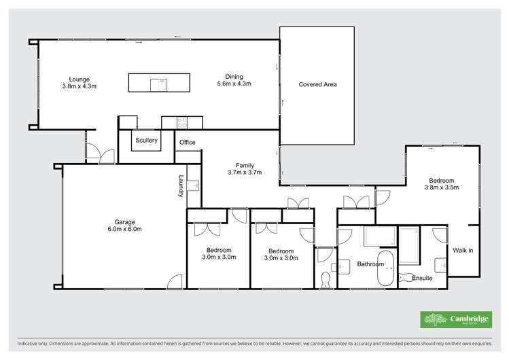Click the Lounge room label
80,79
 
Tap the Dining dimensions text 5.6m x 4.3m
234,84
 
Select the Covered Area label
317,85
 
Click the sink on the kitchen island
162,84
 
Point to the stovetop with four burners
182,122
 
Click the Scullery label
146,141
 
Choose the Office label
187,143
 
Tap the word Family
245,165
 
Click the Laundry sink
194,185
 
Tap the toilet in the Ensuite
408,277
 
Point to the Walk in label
463,251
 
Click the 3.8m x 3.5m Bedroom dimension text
442,187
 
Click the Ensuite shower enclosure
409,246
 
